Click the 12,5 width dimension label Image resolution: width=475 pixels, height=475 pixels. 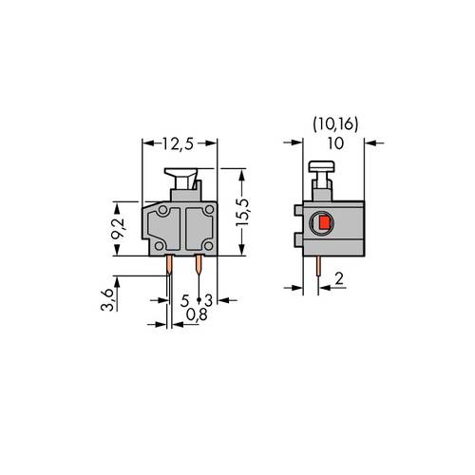(x=180, y=145)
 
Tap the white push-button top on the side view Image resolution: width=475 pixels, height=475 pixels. (x=323, y=168)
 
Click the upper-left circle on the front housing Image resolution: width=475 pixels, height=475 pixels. (x=162, y=211)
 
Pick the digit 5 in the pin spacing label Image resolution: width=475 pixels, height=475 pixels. (x=184, y=300)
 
